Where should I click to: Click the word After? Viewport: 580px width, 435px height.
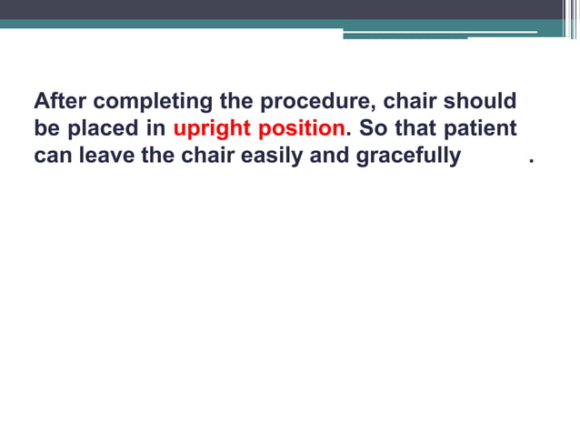click(60, 100)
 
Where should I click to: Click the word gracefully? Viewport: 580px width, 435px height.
click(408, 157)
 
